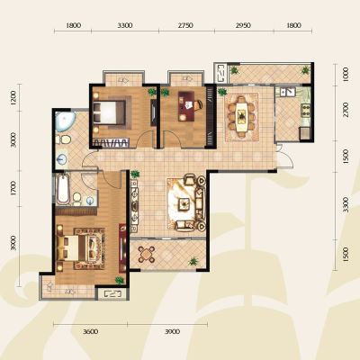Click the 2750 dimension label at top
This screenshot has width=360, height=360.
click(x=185, y=26)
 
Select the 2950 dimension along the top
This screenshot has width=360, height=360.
click(x=243, y=26)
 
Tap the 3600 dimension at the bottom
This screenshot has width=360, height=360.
click(x=90, y=331)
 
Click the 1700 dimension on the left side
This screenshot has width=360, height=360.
click(x=13, y=188)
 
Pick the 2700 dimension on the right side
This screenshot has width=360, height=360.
click(x=346, y=110)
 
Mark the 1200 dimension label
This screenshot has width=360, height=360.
click(x=13, y=98)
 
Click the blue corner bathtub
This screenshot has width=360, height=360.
click(x=64, y=121)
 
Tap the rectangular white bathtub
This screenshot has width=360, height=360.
click(x=64, y=189)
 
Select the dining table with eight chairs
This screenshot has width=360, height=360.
click(x=242, y=116)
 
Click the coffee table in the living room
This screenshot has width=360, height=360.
click(x=184, y=204)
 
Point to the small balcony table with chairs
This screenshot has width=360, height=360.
click(x=147, y=255)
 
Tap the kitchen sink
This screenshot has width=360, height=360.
click(x=287, y=92)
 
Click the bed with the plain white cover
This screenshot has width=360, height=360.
click(x=109, y=112)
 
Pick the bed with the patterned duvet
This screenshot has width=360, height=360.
click(x=81, y=247)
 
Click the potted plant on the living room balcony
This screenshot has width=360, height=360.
click(x=193, y=261)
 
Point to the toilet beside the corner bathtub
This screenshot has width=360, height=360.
click(x=64, y=139)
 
